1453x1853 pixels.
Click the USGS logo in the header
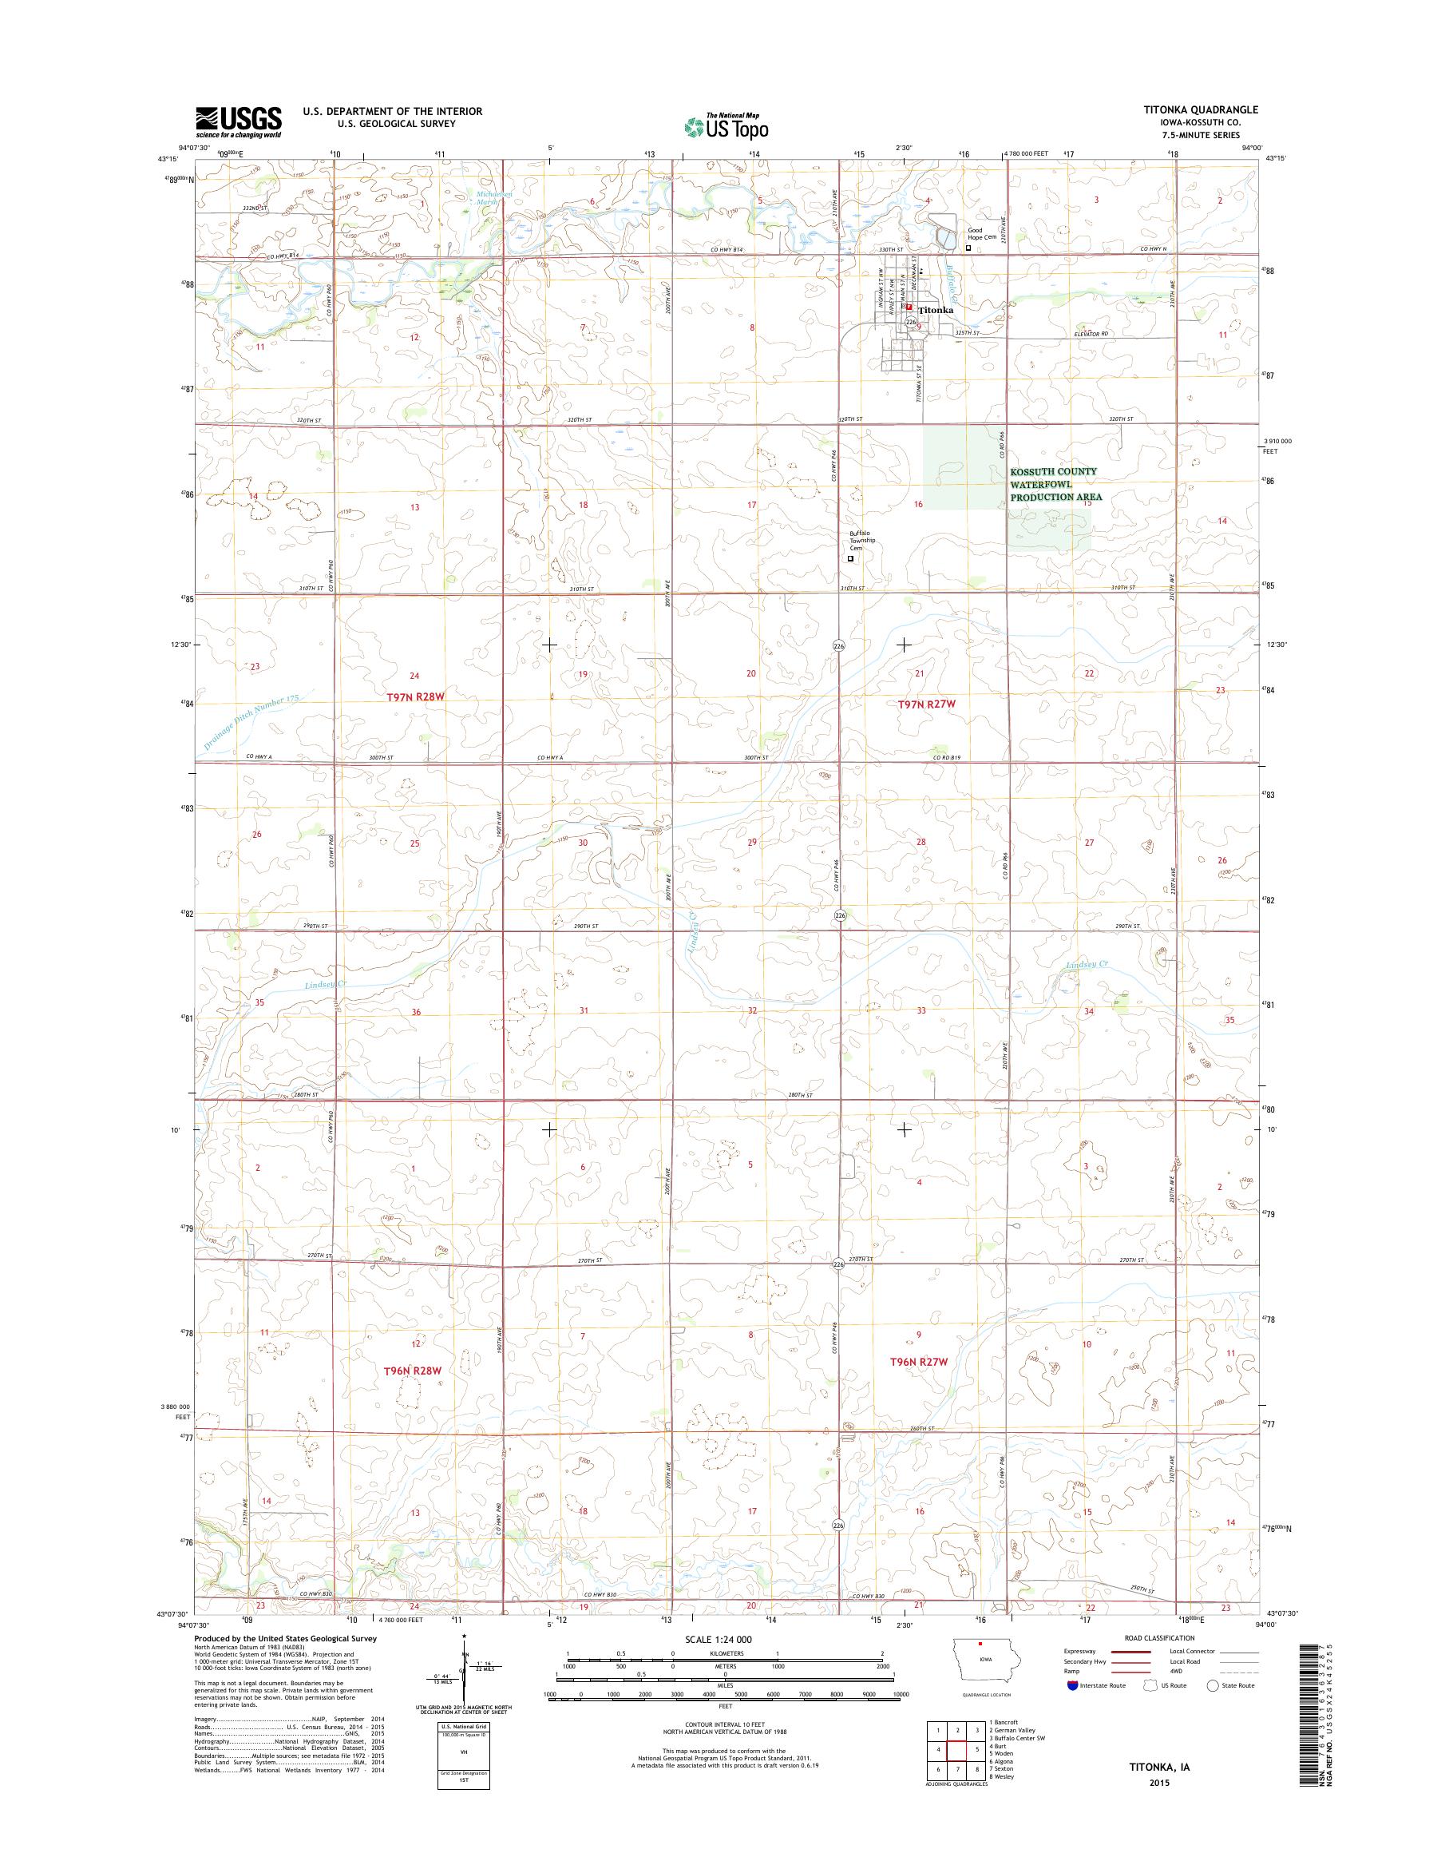pyautogui.click(x=238, y=121)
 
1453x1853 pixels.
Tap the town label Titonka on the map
pyautogui.click(x=936, y=311)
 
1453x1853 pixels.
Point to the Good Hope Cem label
pyautogui.click(x=981, y=233)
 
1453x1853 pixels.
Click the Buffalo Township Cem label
pyautogui.click(x=861, y=542)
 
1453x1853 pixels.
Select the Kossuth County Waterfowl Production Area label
pyautogui.click(x=1055, y=484)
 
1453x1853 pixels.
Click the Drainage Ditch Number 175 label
pyautogui.click(x=252, y=723)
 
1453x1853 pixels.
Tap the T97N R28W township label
pyautogui.click(x=416, y=696)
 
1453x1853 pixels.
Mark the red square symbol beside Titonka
pyautogui.click(x=909, y=308)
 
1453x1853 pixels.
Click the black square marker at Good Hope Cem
pyautogui.click(x=968, y=248)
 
